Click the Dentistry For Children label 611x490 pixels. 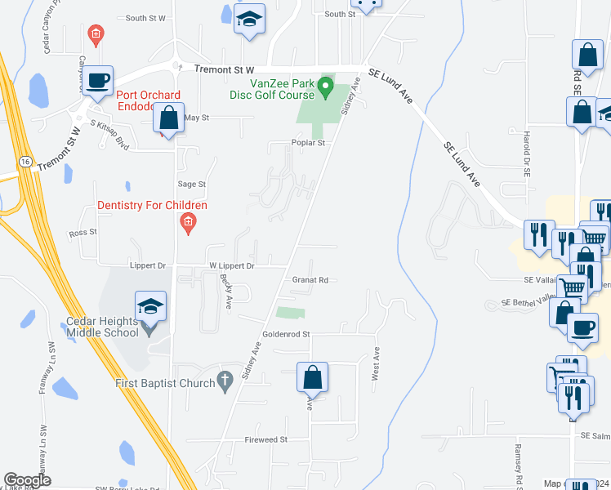(x=152, y=206)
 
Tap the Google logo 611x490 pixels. (x=27, y=481)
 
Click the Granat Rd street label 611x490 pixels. (x=310, y=280)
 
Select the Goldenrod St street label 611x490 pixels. (x=286, y=334)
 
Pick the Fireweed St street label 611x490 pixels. (x=266, y=439)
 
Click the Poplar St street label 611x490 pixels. (x=308, y=142)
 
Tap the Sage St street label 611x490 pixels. (x=192, y=185)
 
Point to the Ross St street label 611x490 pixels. (x=83, y=232)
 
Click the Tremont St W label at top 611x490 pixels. (x=224, y=70)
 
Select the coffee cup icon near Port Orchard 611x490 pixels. (x=98, y=81)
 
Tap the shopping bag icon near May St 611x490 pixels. (x=168, y=118)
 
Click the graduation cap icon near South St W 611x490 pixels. (x=250, y=19)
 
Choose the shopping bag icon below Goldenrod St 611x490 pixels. (x=312, y=377)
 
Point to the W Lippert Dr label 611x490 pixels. (x=232, y=265)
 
